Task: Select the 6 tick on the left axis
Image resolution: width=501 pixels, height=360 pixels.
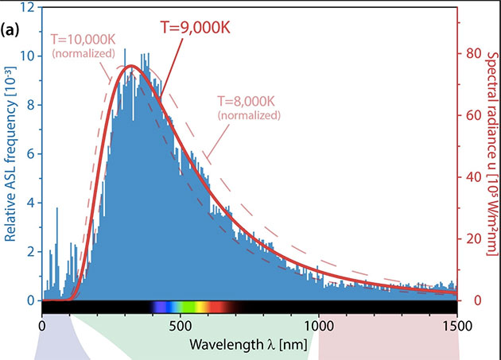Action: click(x=29, y=154)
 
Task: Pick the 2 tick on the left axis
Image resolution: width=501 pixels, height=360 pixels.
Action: click(x=29, y=252)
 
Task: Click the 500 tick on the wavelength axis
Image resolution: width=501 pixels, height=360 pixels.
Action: click(x=180, y=324)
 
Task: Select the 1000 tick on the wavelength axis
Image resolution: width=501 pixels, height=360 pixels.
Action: click(x=318, y=324)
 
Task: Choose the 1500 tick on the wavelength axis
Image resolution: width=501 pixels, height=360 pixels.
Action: click(x=456, y=324)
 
